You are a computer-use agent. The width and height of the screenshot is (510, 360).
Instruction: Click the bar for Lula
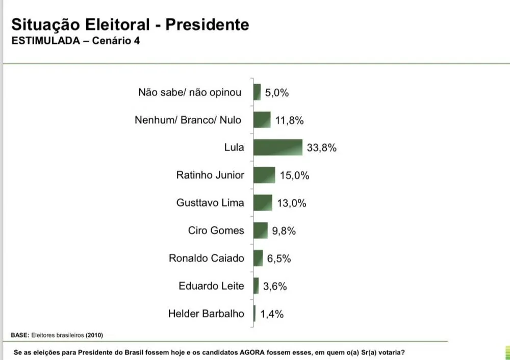click(277, 147)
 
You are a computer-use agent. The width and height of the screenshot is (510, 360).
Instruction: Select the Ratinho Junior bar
click(264, 175)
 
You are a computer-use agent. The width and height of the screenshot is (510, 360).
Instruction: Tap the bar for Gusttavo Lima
click(263, 202)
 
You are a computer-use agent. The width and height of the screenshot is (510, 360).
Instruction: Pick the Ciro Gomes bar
click(260, 230)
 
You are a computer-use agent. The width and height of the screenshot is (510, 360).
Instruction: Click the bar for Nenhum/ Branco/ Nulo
click(262, 120)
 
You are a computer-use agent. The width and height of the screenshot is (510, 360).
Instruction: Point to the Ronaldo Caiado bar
click(258, 258)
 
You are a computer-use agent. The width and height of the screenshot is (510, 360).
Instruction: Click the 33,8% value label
click(322, 148)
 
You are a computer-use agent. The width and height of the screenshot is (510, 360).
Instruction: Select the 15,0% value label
click(294, 175)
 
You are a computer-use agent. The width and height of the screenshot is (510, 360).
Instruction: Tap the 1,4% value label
click(272, 314)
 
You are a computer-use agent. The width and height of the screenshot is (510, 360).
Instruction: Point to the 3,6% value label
click(275, 286)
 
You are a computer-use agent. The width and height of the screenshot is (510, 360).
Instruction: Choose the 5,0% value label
click(277, 93)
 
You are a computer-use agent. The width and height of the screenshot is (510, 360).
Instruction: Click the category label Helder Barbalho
click(206, 314)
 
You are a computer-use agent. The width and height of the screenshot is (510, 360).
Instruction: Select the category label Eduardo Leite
click(211, 286)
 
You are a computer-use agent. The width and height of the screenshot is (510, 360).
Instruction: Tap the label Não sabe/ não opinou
click(190, 93)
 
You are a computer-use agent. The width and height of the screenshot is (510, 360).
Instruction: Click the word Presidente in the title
click(208, 24)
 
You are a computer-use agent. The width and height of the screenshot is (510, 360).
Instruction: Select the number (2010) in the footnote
click(94, 335)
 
